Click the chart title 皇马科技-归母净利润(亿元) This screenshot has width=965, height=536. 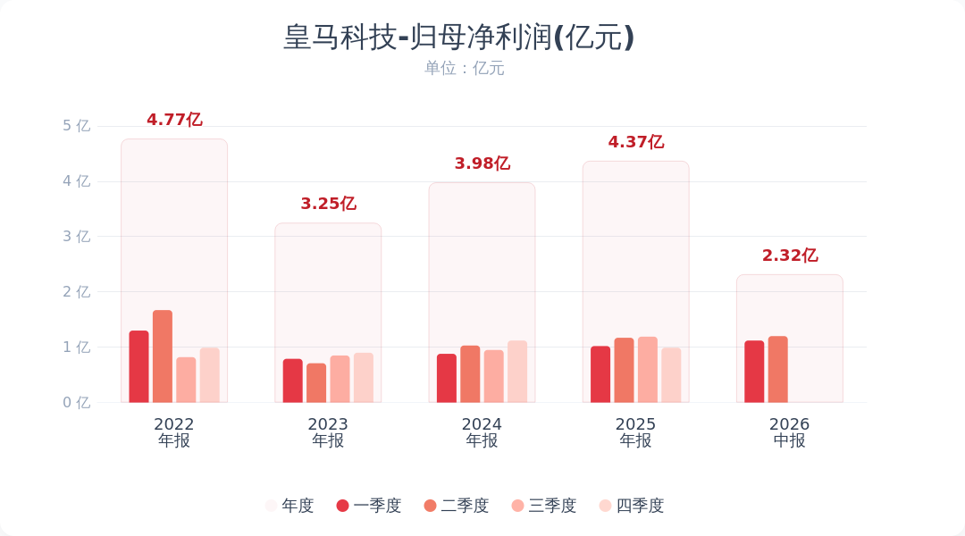pos(458,37)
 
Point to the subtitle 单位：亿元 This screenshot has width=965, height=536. pos(464,68)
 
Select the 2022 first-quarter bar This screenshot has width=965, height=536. pos(139,367)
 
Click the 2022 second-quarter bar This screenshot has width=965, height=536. pos(163,356)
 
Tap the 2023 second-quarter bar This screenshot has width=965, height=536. pos(316,382)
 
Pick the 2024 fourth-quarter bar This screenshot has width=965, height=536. pos(517,372)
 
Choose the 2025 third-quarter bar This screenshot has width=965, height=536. pos(648,370)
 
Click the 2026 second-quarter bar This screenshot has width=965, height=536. pos(778,369)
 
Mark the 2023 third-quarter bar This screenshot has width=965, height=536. pos(340,379)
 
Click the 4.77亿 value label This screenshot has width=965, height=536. pos(174,120)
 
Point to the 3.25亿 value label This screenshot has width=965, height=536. pos(328,204)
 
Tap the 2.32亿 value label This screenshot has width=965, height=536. pos(790,255)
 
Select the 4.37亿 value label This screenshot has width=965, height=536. pos(636,142)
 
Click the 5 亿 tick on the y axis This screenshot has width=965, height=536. pos(76,126)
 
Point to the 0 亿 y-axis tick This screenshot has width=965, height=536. pos(76,403)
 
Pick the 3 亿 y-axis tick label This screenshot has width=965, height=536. pos(76,237)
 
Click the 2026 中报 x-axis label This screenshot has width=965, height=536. pos(790,432)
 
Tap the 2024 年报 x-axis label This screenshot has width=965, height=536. pos(482,432)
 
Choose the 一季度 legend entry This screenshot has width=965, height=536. pos(369,506)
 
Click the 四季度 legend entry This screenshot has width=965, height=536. pos(632,506)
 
